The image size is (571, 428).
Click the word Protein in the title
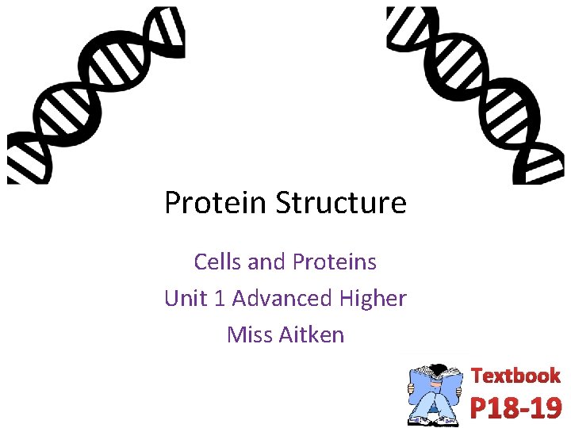point(217,203)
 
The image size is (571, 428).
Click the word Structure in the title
point(341,203)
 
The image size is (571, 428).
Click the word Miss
point(249,334)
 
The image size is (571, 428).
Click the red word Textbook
point(515,376)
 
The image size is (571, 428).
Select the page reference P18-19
point(515,407)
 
